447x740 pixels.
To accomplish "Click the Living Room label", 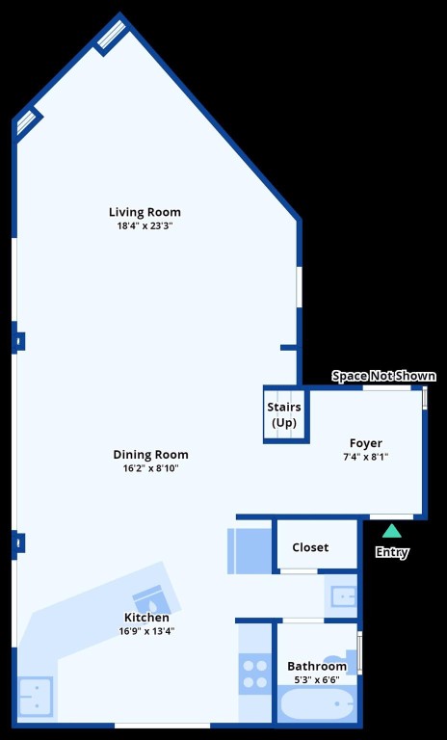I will tap(145, 212).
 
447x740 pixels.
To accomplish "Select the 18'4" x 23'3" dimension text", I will tap(145, 226).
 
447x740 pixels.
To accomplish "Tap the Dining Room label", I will tap(150, 455).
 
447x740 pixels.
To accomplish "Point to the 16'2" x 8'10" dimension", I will tap(150, 468).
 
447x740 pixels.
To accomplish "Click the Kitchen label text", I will tap(146, 618).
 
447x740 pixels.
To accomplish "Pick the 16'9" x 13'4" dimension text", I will tap(146, 631).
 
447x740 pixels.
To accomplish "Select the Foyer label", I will tap(365, 443).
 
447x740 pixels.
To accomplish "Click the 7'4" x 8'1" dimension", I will tap(365, 457).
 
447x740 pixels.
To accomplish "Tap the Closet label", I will tap(310, 547).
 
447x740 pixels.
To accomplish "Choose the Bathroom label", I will tap(317, 666).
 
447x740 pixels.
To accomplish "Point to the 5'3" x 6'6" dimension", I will tap(317, 679).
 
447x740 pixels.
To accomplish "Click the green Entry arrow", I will tap(391, 530).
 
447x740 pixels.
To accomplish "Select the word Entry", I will tap(391, 553).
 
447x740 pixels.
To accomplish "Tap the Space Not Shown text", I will tap(383, 376).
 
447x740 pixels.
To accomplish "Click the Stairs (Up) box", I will tap(284, 415).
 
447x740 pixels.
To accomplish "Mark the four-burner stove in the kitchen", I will tap(255, 673).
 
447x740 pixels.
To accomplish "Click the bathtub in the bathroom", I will tap(317, 707).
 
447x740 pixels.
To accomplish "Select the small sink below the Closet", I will tap(342, 595).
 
